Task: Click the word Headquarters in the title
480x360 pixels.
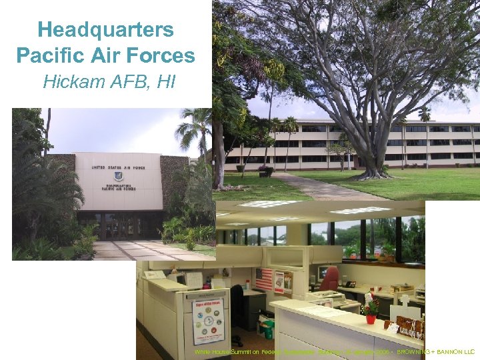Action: coord(105,30)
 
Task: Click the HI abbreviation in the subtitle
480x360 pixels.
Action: coord(166,82)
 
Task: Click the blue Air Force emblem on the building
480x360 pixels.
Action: coord(118,177)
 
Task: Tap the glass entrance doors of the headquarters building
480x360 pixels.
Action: coord(119,227)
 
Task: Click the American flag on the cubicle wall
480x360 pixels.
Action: coord(264,278)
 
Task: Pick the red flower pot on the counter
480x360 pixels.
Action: coord(371,319)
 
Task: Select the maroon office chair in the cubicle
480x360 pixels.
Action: coord(329,279)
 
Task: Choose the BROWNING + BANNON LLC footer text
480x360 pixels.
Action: coord(436,351)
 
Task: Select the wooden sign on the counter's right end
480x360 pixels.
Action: coord(409,326)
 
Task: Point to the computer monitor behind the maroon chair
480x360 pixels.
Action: coord(323,273)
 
